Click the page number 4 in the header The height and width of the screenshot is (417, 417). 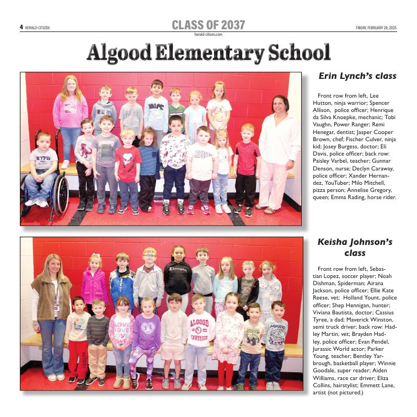point(22,27)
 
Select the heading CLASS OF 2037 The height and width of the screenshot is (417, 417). point(208,25)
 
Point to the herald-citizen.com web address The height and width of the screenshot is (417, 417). point(208,34)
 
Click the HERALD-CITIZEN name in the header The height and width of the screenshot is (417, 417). point(38,28)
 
